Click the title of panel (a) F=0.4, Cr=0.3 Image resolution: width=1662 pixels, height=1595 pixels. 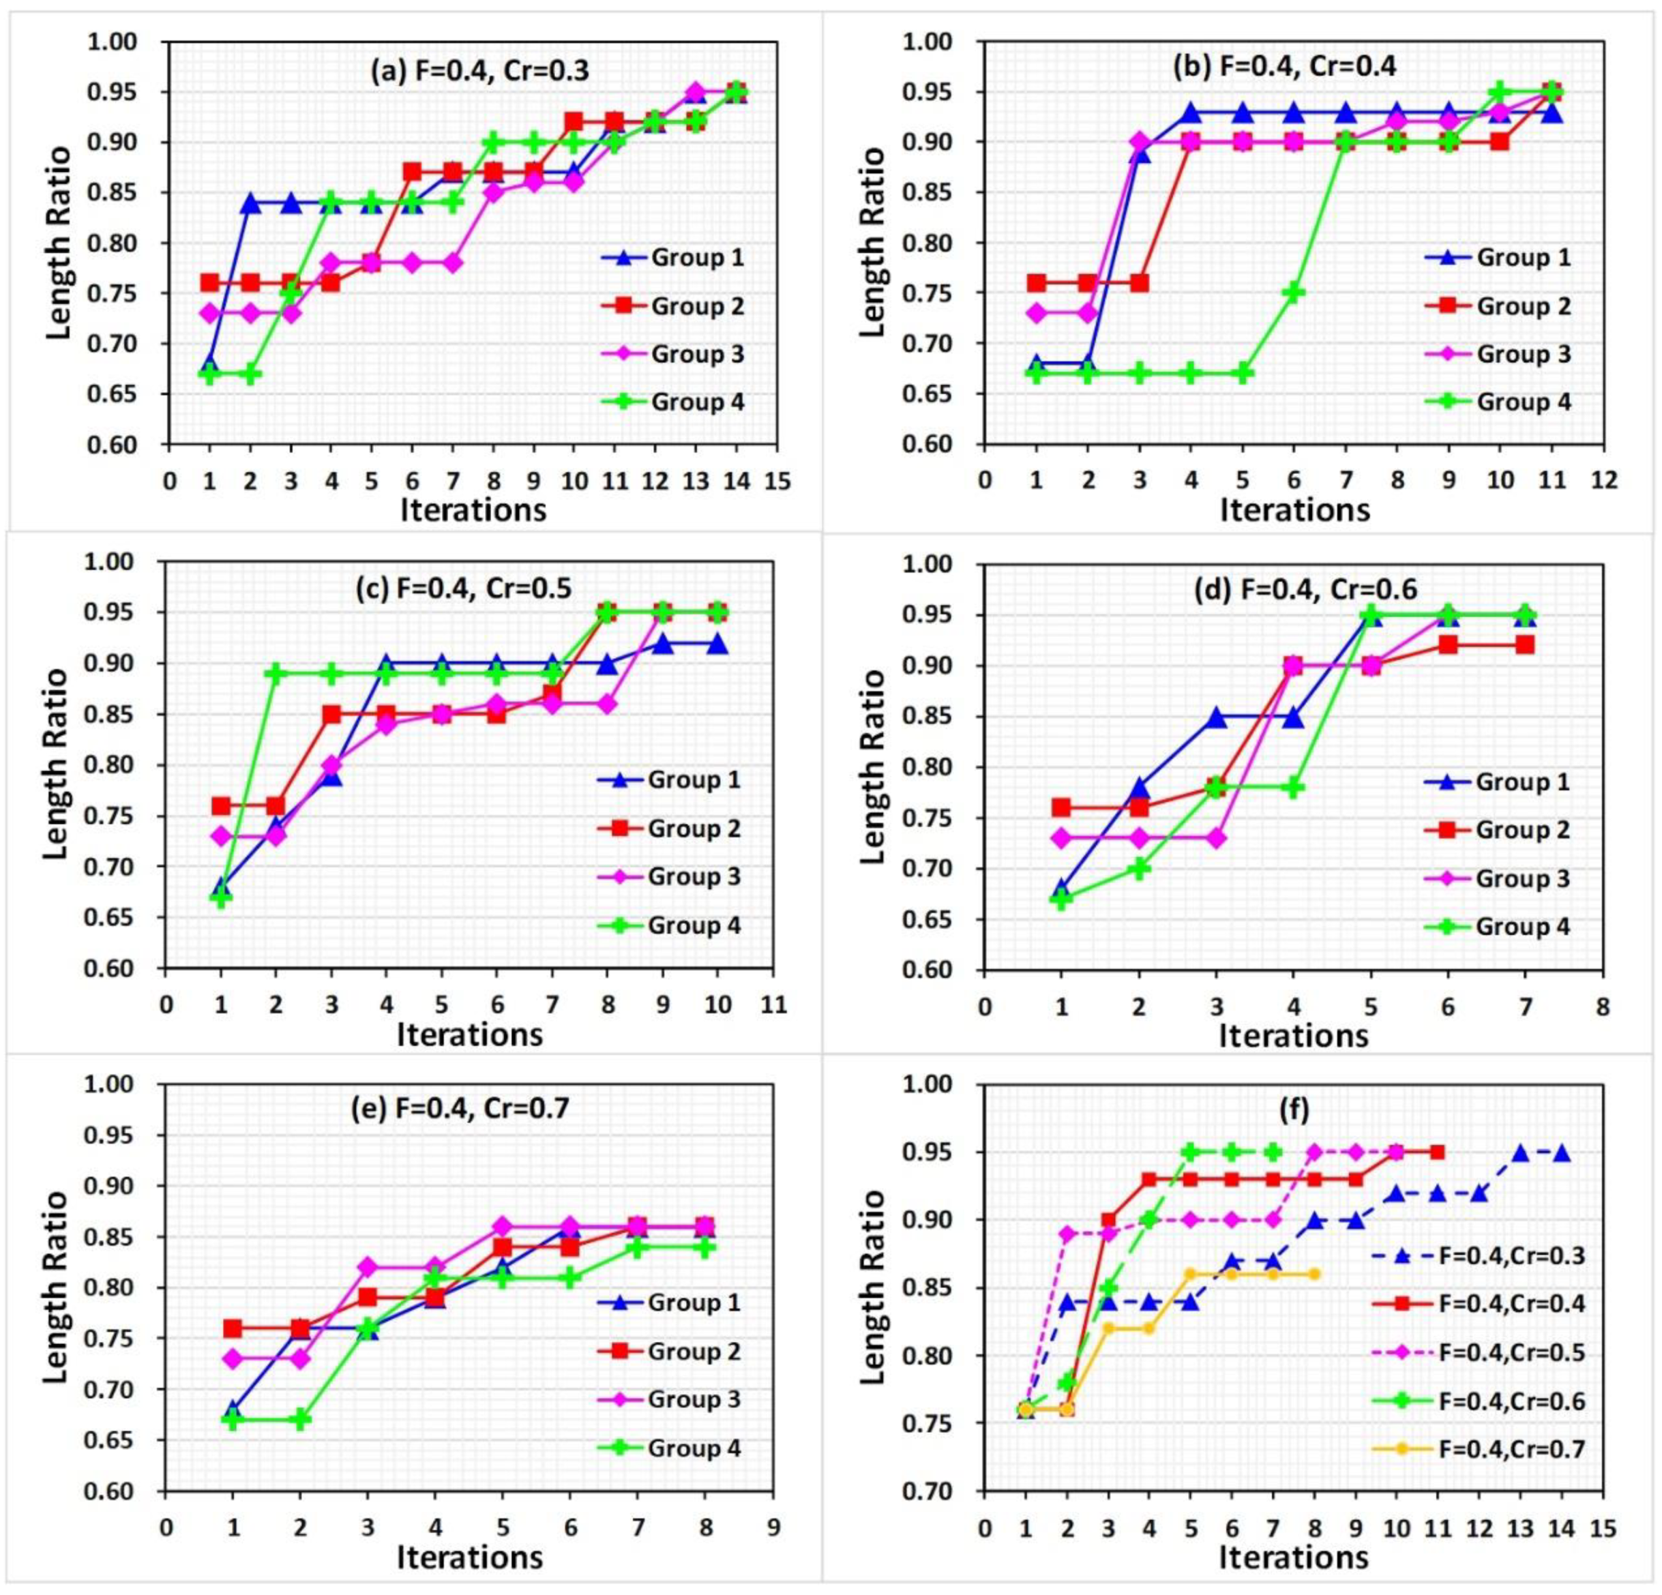479,70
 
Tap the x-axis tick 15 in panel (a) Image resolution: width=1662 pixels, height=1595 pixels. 777,481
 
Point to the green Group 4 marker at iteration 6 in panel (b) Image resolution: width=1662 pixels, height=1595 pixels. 1293,293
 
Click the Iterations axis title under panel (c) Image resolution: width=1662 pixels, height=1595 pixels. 470,1034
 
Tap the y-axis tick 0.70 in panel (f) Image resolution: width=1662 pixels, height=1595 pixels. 949,1491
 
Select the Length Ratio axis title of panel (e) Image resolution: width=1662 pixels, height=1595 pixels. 55,1287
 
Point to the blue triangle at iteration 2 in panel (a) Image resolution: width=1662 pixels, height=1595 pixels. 250,203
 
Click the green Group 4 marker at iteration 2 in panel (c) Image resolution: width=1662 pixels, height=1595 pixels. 276,673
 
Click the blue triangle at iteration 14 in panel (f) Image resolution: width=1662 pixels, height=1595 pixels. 1561,1153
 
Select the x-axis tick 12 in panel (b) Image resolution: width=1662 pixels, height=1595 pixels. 1603,481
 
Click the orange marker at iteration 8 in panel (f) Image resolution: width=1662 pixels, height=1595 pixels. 1314,1274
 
